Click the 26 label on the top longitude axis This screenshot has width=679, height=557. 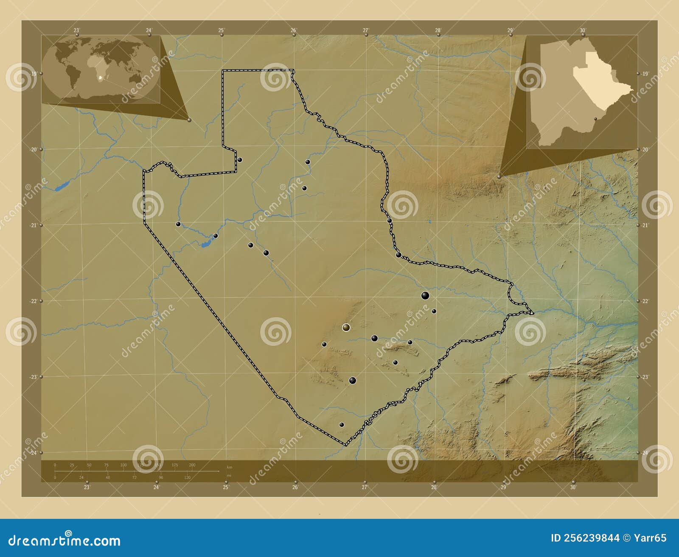pyautogui.click(x=293, y=30)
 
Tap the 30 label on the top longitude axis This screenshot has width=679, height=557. pyautogui.click(x=583, y=30)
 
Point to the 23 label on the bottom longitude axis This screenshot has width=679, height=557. pyautogui.click(x=87, y=487)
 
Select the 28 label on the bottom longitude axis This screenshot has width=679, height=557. pyautogui.click(x=434, y=487)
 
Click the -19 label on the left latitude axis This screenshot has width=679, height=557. pyautogui.click(x=34, y=73)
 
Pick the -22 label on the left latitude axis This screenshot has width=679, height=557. pyautogui.click(x=34, y=301)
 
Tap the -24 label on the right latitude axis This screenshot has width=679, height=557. pyautogui.click(x=645, y=453)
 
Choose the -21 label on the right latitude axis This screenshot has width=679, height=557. pyautogui.click(x=645, y=225)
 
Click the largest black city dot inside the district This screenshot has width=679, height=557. pyautogui.click(x=425, y=295)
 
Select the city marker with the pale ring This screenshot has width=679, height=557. pyautogui.click(x=346, y=327)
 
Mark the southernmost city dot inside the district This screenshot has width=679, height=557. pyautogui.click(x=342, y=424)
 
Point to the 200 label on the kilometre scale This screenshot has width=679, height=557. pyautogui.click(x=192, y=465)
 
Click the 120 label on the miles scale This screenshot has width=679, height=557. pyautogui.click(x=187, y=477)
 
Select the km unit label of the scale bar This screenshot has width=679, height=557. pyautogui.click(x=229, y=467)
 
